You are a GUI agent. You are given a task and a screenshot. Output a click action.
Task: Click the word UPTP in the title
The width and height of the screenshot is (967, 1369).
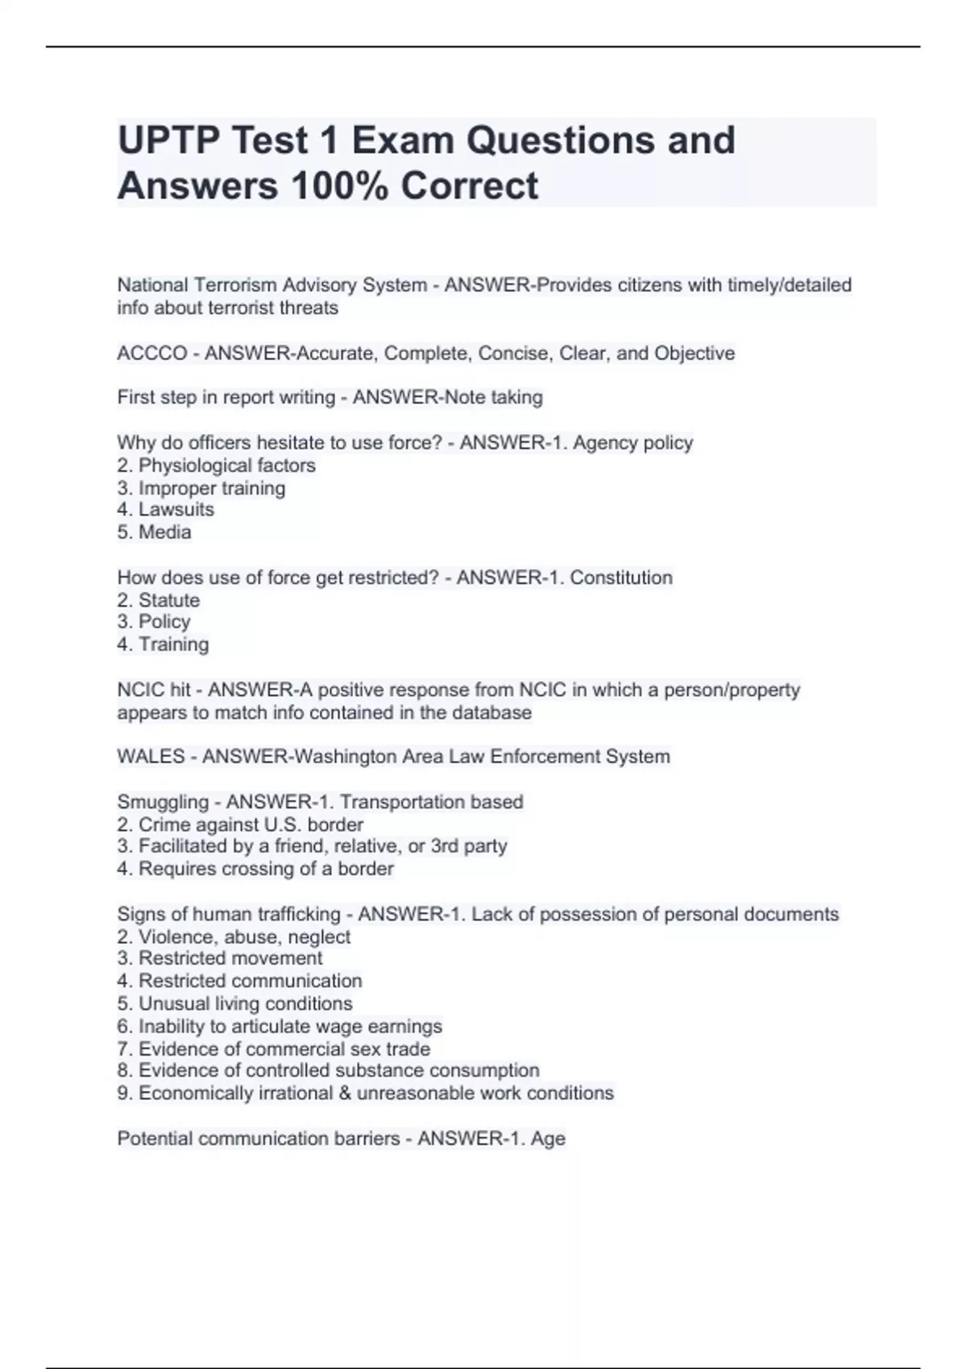(167, 141)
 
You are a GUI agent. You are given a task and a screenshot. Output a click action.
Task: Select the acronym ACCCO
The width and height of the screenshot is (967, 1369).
(151, 354)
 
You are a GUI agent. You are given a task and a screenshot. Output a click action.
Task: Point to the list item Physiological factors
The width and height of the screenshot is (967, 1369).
(226, 465)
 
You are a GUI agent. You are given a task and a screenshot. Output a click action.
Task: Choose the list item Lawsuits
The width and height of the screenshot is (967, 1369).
(176, 510)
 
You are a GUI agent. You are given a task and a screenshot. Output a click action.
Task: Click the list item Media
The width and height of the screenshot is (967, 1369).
(164, 532)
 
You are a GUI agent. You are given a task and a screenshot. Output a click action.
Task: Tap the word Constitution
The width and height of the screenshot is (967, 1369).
(621, 577)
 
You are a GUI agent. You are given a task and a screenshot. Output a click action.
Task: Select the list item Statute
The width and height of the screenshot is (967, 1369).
(168, 600)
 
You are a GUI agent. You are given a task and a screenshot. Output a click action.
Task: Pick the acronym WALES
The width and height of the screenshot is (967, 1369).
(151, 757)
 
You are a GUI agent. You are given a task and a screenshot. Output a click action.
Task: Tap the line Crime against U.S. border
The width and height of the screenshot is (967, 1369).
(250, 825)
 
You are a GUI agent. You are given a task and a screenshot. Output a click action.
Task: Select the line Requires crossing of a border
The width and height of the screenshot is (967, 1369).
(266, 869)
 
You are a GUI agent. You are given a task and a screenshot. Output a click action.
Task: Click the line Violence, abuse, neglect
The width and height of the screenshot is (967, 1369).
(244, 937)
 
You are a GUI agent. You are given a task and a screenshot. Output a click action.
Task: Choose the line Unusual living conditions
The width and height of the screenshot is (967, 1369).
(245, 1003)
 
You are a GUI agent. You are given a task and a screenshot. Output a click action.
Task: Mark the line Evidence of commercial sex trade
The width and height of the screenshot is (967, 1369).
(284, 1048)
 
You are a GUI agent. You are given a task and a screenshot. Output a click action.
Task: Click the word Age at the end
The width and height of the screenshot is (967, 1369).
(548, 1139)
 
